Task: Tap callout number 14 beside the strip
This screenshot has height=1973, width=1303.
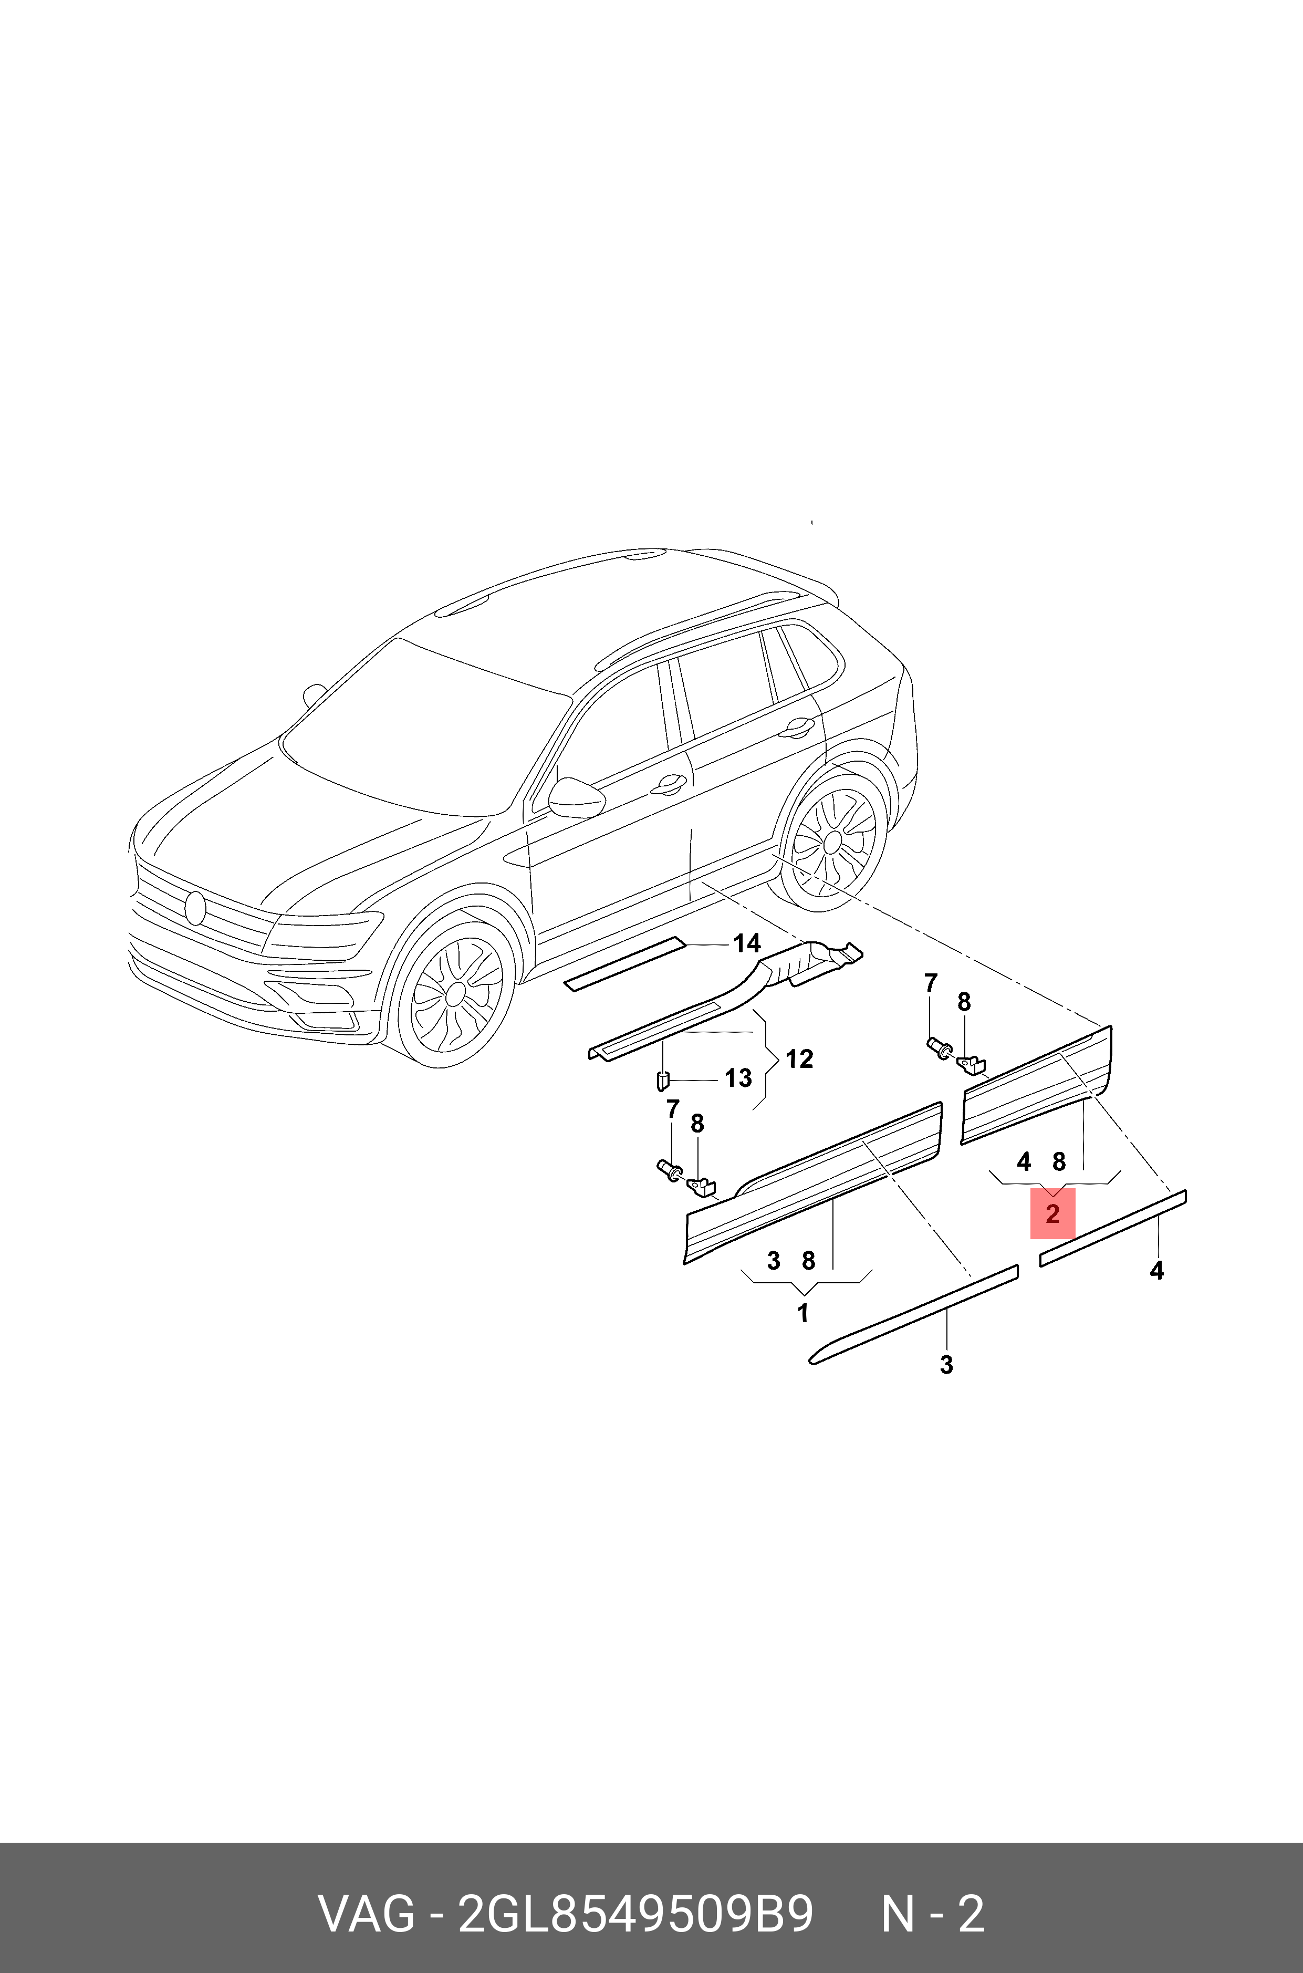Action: (746, 943)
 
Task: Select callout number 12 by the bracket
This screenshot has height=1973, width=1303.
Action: (799, 1059)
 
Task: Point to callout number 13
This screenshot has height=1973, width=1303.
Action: (738, 1079)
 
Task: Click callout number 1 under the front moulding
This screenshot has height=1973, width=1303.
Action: (802, 1314)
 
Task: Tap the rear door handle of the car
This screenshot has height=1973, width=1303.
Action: (798, 726)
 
